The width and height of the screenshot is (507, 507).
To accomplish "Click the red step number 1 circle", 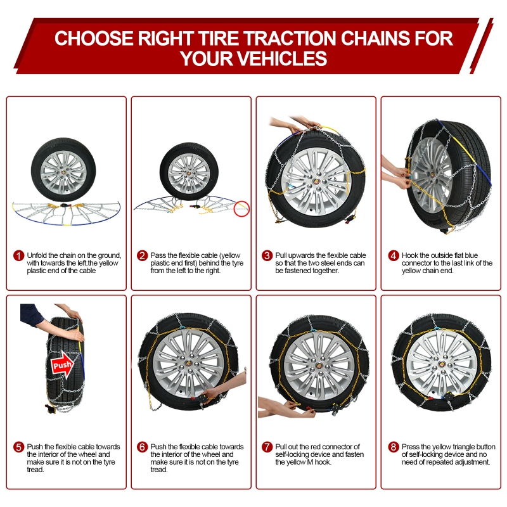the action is [19, 256].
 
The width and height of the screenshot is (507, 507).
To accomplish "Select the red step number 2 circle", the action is [142, 256].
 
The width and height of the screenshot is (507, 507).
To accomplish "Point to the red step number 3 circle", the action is [267, 256].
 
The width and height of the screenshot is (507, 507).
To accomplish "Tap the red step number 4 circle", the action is [394, 256].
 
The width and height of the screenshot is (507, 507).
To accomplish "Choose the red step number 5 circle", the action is [19, 447].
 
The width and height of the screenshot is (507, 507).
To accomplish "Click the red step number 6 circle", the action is [142, 447].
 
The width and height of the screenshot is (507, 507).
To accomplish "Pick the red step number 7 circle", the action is [267, 447].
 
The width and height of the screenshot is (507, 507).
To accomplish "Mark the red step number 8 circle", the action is [394, 447].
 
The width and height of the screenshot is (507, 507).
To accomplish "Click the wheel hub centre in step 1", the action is [63, 170].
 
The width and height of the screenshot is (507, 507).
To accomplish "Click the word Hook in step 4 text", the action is [409, 255].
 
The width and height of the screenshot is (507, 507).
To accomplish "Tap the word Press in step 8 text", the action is [411, 447].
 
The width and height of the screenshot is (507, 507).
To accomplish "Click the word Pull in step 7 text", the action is [281, 447].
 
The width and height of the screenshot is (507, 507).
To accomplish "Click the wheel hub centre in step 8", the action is [442, 363].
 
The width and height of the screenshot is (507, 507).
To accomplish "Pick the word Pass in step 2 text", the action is [158, 255].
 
